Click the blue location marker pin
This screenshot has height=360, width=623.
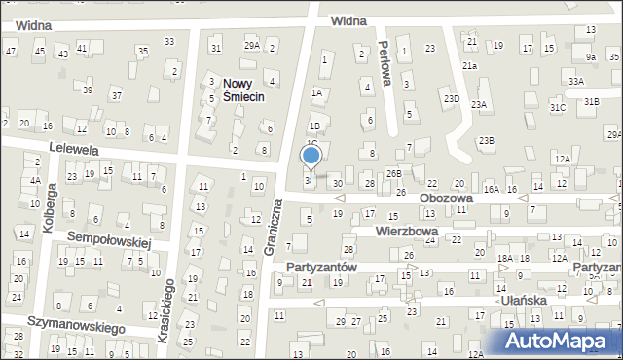(311, 156)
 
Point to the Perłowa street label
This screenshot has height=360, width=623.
(385, 64)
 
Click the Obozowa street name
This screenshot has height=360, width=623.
(446, 198)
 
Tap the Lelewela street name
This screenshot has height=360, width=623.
(73, 150)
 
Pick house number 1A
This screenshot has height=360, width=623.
(316, 93)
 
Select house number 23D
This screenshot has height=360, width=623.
(451, 98)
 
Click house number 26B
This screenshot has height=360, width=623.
(392, 173)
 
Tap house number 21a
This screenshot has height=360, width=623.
(470, 65)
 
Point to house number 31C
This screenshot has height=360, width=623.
(557, 108)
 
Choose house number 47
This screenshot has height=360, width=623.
(11, 50)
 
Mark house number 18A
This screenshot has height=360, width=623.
(504, 258)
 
